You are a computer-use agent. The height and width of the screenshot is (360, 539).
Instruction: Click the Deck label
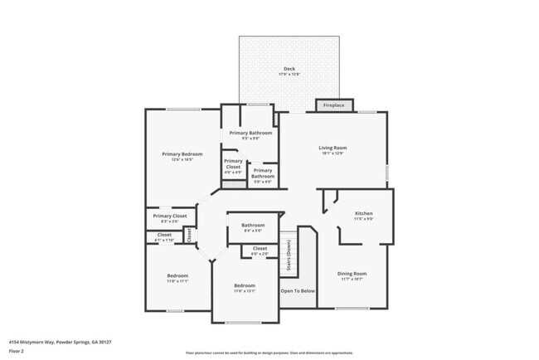point(289,70)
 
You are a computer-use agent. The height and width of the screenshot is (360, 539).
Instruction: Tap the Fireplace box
point(334,105)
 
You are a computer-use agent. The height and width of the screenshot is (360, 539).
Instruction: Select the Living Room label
point(333,148)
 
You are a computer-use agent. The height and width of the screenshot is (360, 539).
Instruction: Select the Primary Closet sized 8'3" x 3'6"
point(169,217)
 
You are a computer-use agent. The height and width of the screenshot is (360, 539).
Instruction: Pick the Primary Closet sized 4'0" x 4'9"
point(233,164)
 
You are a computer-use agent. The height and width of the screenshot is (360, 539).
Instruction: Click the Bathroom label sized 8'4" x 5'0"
point(253,226)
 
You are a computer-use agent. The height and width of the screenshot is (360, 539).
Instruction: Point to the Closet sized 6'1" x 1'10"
point(163,236)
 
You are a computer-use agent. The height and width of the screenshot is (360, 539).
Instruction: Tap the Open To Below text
point(298,291)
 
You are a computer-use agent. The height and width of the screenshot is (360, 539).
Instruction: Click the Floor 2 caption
point(17,349)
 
